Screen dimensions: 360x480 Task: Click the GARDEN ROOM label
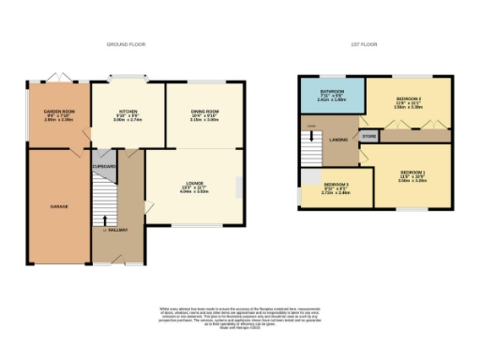click(58, 112)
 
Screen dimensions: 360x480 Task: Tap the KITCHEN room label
click(127, 112)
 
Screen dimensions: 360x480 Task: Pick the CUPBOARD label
click(103, 165)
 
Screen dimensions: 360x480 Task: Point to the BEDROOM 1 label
click(412, 172)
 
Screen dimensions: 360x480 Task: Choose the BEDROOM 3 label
click(336, 185)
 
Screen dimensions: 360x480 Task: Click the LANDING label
click(338, 140)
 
